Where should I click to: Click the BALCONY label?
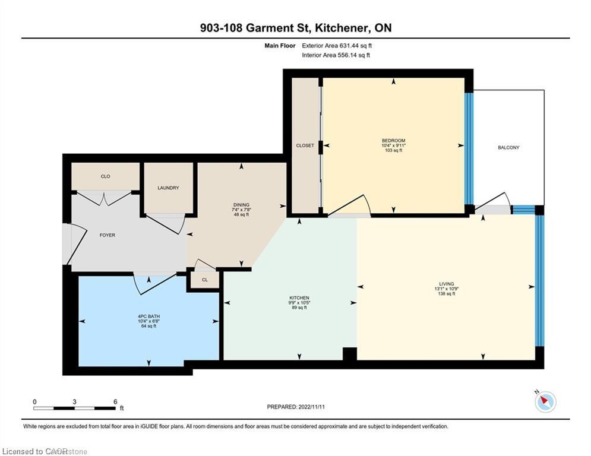coord(508,147)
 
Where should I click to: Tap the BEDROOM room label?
coord(393,141)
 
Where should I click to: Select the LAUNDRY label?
coord(168,188)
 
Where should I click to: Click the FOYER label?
coord(107,235)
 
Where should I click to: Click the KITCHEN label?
coord(299,297)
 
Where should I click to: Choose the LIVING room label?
coord(447,284)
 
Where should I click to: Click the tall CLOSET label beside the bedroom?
coord(305,145)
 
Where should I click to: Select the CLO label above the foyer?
coord(105,176)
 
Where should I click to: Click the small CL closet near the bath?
coord(204,280)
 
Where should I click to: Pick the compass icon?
coord(545,402)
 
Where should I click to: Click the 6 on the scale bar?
coord(115,401)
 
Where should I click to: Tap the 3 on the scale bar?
coord(75,401)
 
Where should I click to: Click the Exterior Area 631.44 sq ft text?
coord(337,45)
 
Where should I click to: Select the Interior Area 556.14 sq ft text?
coord(336,55)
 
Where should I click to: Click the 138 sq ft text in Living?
coord(446,293)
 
